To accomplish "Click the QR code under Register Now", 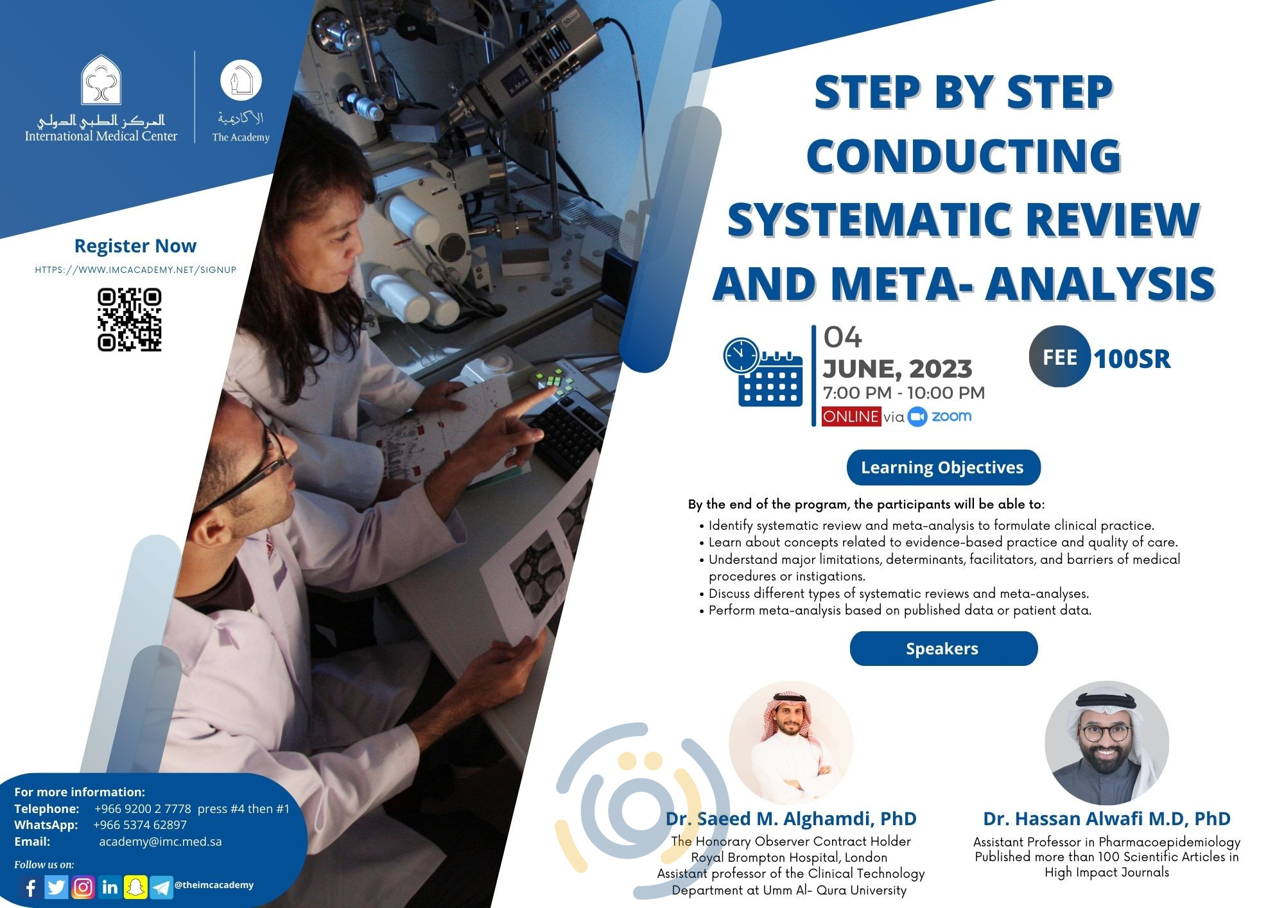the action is tap(129, 320).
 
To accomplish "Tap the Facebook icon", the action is tap(30, 887).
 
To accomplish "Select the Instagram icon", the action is tap(83, 887).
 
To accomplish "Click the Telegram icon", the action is tap(162, 887).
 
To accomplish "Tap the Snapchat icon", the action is tap(136, 887).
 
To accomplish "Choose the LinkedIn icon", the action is tap(110, 887).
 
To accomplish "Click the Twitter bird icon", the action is tap(56, 887).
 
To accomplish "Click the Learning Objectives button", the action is tap(942, 467).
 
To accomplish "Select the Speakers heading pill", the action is tap(942, 649).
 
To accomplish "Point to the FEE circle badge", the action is tap(1059, 357).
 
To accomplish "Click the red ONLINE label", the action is tap(851, 416).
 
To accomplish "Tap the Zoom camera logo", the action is tap(918, 417).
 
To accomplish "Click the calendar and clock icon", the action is tap(763, 372).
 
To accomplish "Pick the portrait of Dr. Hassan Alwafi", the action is tap(1107, 743).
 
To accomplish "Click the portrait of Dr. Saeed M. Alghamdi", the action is tap(791, 743).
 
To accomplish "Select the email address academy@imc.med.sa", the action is tap(160, 841).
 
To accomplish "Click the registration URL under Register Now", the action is tap(135, 270).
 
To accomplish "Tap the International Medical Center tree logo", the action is tap(101, 80).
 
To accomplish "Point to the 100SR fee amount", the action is tap(1132, 359).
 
